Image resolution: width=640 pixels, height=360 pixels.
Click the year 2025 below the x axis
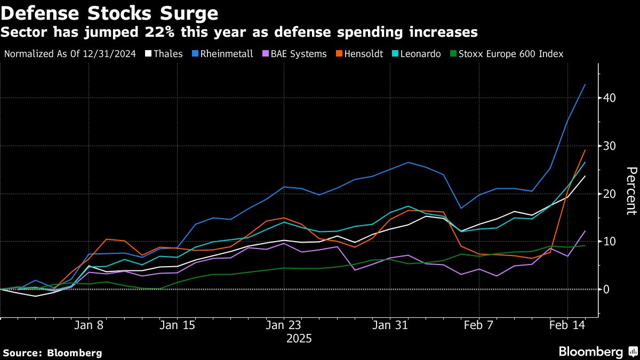299,339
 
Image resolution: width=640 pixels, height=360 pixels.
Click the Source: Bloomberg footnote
52,353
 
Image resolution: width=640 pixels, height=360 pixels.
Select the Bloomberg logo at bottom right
597,352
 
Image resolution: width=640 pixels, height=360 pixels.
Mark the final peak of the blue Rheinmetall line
586,84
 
